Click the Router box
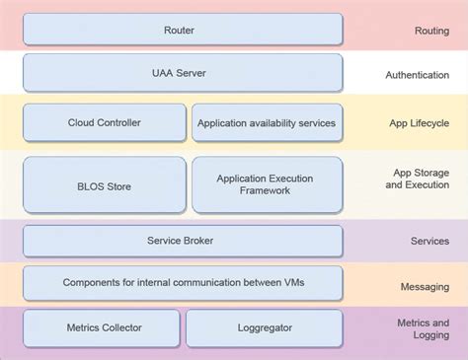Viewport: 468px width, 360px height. (183, 30)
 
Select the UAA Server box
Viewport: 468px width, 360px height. (183, 73)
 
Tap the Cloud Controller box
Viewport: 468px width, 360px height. (104, 122)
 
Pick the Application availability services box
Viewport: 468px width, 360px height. (267, 122)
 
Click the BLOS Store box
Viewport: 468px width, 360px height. (104, 184)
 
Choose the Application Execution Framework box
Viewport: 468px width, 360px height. (267, 184)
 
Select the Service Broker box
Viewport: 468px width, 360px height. (183, 240)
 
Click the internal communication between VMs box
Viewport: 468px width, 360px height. (183, 282)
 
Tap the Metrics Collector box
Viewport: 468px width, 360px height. (102, 327)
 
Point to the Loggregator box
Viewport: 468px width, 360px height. (264, 327)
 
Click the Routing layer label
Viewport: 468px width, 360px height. (431, 31)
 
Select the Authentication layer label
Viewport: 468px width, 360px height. (417, 75)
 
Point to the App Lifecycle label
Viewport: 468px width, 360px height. (419, 123)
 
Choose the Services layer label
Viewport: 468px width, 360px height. (429, 241)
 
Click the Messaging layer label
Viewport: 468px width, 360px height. (425, 287)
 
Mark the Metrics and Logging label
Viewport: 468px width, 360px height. (423, 328)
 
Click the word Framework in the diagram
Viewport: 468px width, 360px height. (265, 191)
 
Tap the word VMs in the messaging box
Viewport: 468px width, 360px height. (291, 282)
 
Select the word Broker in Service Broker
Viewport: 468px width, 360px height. (197, 240)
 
